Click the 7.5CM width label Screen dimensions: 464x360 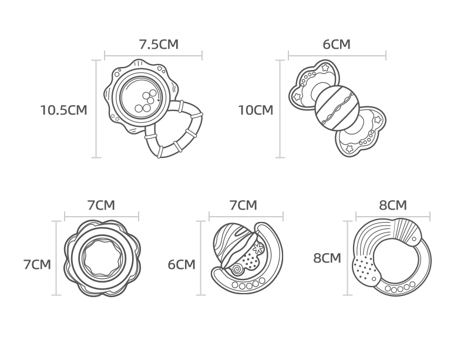click(x=159, y=45)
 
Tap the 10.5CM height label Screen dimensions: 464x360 click(x=63, y=110)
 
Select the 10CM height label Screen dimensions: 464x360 click(x=255, y=110)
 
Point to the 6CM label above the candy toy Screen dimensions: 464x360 click(x=337, y=45)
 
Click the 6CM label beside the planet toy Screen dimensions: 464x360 click(x=181, y=264)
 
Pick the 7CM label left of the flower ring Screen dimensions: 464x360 click(x=37, y=264)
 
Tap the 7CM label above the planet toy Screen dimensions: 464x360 click(x=244, y=205)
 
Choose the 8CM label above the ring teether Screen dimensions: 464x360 click(x=393, y=205)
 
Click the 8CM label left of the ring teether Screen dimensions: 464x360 click(x=327, y=258)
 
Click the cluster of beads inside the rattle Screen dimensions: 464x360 click(x=146, y=102)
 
